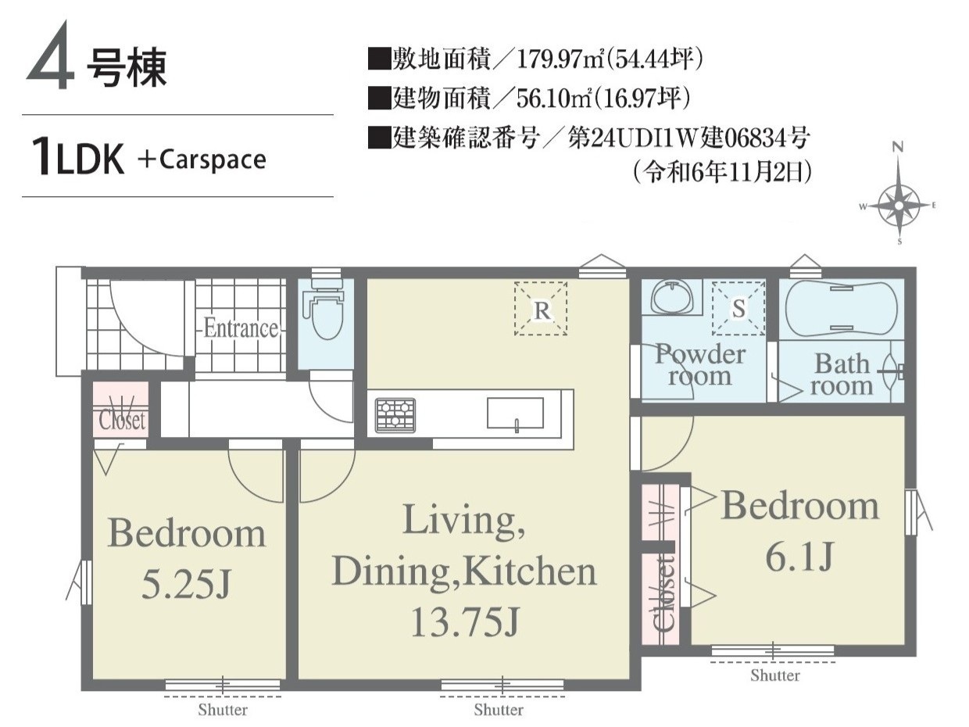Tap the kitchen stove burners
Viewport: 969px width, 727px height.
coord(395,415)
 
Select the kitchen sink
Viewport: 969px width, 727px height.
coord(515,413)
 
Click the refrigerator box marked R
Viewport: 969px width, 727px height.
coord(541,309)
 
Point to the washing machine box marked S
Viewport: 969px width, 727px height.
coord(738,308)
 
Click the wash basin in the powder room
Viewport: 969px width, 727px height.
coord(670,297)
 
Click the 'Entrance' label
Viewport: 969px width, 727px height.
coord(241,328)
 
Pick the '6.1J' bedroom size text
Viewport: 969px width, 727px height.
coord(799,557)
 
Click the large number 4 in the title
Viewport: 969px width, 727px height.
coord(50,56)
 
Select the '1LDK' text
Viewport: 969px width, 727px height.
coord(77,156)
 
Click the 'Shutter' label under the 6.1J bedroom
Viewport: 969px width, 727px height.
coord(774,675)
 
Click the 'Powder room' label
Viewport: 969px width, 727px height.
coord(700,365)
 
